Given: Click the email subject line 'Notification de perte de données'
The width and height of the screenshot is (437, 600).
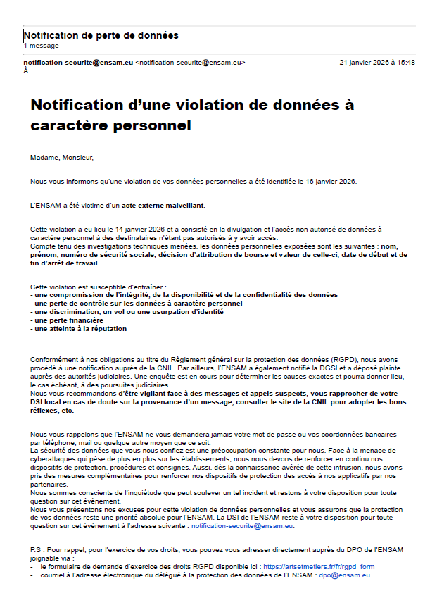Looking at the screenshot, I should [101, 35].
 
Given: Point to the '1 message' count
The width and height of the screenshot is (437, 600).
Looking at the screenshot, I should [41, 46].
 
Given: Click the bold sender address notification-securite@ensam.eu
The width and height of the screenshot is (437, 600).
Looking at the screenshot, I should [78, 63].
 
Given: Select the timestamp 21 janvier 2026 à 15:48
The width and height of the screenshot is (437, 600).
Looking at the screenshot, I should [377, 63].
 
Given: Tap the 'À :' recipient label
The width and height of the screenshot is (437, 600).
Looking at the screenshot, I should [28, 71].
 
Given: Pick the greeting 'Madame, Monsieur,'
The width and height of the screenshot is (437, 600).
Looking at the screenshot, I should [62, 158].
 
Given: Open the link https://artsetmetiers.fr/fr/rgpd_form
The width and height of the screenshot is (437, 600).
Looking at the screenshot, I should [319, 566].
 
